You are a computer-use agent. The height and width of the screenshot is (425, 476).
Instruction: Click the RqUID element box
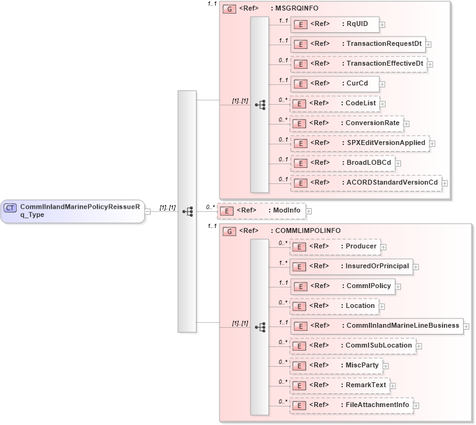pyautogui.click(x=335, y=24)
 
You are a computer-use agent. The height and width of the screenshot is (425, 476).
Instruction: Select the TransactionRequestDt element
pyautogui.click(x=358, y=44)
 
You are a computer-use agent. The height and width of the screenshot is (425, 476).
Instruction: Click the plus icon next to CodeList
pyautogui.click(x=382, y=104)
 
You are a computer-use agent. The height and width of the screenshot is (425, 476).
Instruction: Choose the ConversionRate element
pyautogui.click(x=347, y=123)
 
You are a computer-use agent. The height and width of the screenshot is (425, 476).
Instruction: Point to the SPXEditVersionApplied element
pyautogui.click(x=359, y=143)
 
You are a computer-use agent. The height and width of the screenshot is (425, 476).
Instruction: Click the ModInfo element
pyautogui.click(x=261, y=211)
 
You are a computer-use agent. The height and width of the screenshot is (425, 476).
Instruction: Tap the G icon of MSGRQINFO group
pyautogui.click(x=229, y=10)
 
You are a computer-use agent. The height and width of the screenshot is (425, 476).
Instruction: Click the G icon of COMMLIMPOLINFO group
pyautogui.click(x=229, y=231)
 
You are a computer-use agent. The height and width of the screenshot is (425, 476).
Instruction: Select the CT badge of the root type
pyautogui.click(x=11, y=208)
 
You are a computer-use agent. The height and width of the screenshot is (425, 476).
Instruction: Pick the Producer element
pyautogui.click(x=335, y=247)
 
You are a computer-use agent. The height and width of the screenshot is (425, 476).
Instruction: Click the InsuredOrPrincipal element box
pyautogui.click(x=351, y=266)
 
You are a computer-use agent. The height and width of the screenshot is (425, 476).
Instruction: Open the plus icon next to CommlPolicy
pyautogui.click(x=399, y=287)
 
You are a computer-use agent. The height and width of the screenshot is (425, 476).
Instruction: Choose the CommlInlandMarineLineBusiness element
pyautogui.click(x=376, y=326)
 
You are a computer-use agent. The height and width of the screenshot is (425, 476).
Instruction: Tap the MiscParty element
pyautogui.click(x=337, y=366)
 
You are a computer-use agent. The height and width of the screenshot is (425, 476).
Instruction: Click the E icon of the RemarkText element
pyautogui.click(x=300, y=386)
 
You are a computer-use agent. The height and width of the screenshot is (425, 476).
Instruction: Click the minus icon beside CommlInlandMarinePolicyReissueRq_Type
pyautogui.click(x=148, y=212)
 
